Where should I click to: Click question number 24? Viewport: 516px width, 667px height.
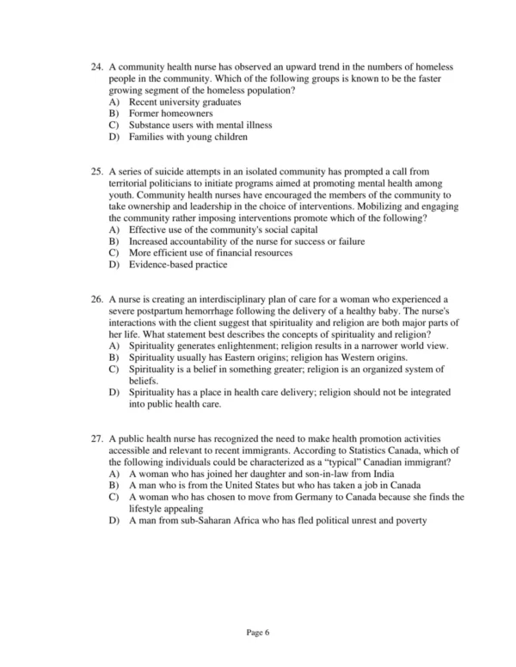point(95,67)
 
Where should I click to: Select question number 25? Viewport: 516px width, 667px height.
point(95,173)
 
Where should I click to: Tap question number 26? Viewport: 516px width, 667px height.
point(95,299)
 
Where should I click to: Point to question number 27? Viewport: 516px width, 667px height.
point(95,438)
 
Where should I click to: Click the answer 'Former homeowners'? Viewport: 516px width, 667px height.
point(171,113)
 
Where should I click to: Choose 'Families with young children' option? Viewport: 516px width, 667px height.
point(188,137)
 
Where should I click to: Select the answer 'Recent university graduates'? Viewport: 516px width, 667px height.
point(185,102)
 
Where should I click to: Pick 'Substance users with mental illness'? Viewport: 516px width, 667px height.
point(200,125)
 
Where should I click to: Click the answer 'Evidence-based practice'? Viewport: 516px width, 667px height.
point(178,265)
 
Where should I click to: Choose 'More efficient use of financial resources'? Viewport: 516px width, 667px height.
point(211,254)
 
